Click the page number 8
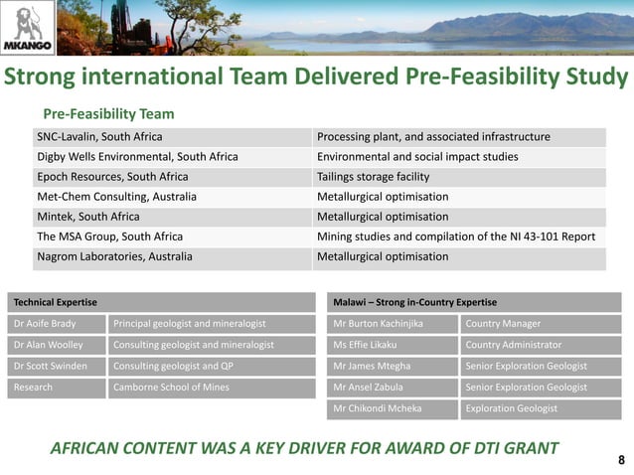pyautogui.click(x=621, y=459)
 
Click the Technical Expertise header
pyautogui.click(x=55, y=301)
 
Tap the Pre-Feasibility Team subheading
pyautogui.click(x=108, y=114)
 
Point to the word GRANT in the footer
pyautogui.click(x=524, y=448)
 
